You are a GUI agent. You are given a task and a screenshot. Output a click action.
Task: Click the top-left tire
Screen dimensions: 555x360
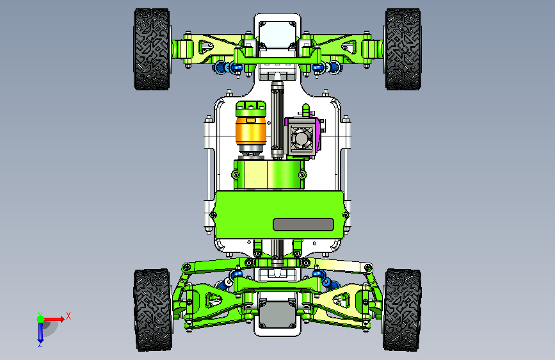pos(152,49)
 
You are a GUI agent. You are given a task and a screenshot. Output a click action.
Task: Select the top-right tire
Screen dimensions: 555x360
pos(403,49)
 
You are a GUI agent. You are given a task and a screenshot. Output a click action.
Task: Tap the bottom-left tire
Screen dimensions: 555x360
pos(152,310)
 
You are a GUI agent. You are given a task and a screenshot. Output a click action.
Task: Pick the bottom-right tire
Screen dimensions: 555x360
pos(402,310)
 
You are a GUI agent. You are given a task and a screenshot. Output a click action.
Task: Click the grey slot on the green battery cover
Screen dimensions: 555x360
pos(303,224)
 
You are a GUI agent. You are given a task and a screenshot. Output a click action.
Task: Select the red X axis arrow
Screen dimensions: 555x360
pos(54,319)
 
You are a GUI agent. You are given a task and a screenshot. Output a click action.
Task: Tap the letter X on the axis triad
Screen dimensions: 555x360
pos(68,316)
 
